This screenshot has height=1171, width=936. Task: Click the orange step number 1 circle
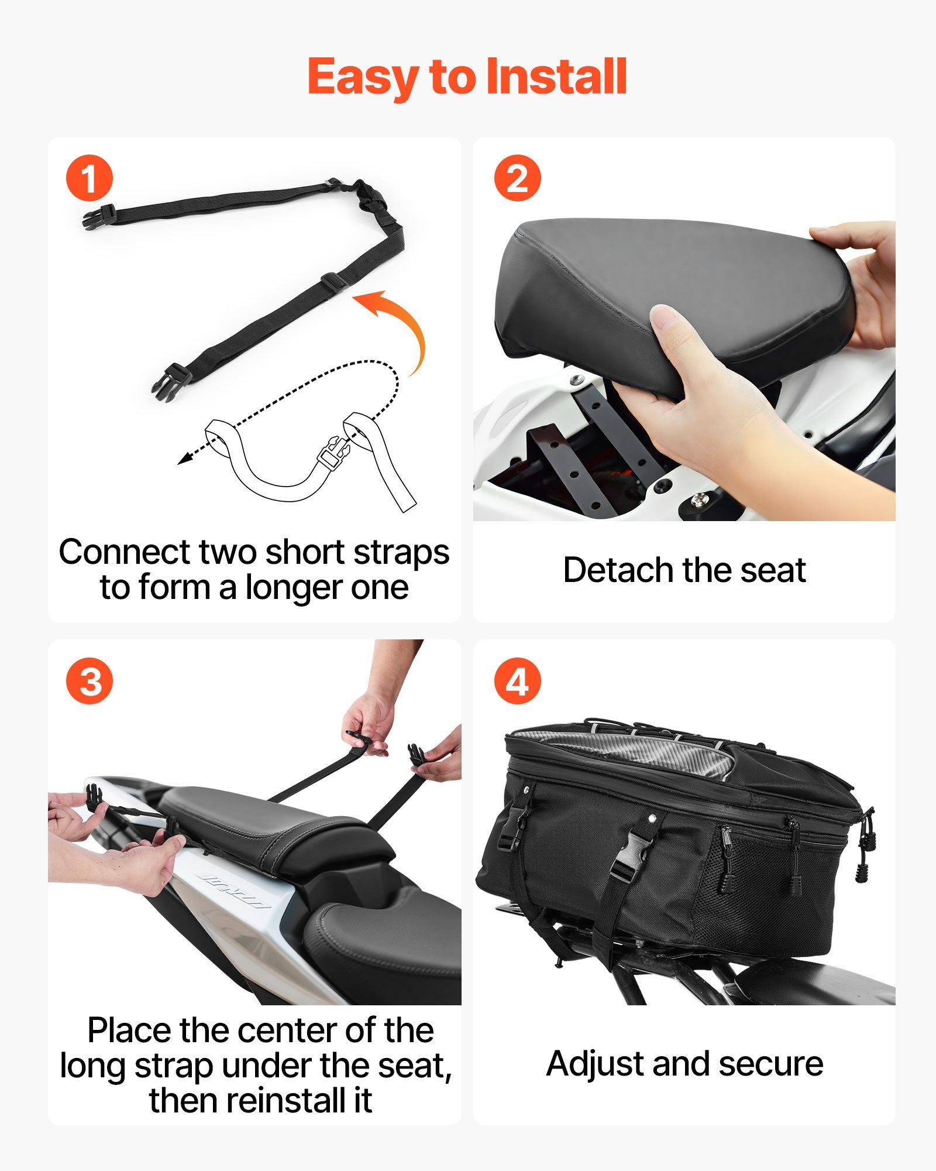pyautogui.click(x=89, y=179)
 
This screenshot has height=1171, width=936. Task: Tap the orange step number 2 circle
pyautogui.click(x=517, y=179)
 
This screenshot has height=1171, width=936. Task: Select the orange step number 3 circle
pyautogui.click(x=89, y=682)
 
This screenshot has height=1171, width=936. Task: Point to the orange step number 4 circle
pyautogui.click(x=517, y=682)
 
